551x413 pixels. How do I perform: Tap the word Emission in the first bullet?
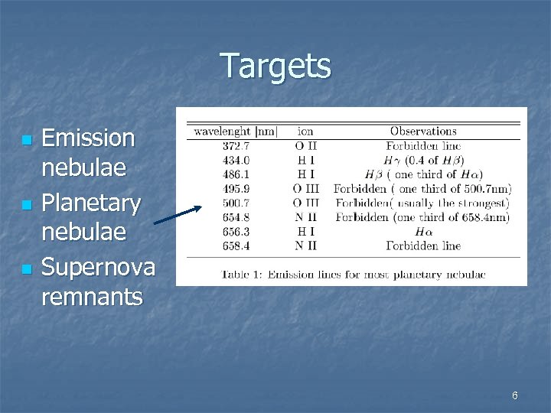tap(88, 138)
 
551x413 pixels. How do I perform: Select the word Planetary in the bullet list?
tap(91, 204)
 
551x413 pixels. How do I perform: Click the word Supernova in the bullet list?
tap(98, 268)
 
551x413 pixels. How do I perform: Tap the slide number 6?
tap(514, 395)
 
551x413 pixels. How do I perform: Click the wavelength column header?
tap(236, 132)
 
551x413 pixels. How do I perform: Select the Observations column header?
tap(423, 132)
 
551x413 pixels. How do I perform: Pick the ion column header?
tap(305, 132)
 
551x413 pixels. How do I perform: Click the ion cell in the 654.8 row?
tap(305, 217)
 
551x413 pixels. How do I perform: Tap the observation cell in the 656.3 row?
tap(423, 232)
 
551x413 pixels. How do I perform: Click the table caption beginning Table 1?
tap(350, 273)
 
